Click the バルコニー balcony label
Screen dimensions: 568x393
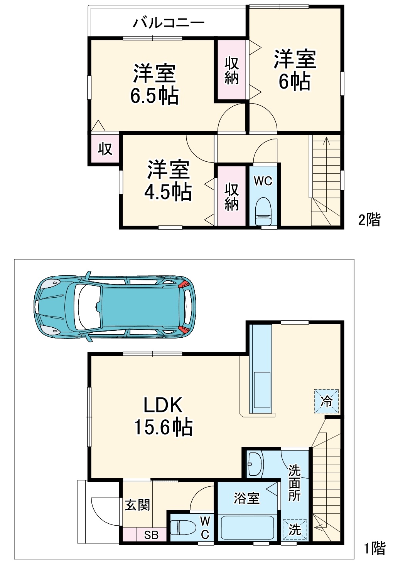(169, 23)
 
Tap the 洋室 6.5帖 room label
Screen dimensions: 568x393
(154, 84)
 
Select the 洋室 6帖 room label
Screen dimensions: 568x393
(295, 70)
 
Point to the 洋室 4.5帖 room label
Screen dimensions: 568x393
(168, 180)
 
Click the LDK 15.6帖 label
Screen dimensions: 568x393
(163, 416)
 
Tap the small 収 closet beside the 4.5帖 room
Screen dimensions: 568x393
(105, 149)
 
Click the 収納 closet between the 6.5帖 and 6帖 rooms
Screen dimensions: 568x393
(231, 70)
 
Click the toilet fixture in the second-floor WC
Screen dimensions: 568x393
(263, 211)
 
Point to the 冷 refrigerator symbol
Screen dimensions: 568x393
(327, 401)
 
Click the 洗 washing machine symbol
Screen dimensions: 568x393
(295, 529)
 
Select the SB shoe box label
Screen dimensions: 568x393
(152, 535)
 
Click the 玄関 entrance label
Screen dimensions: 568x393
(137, 505)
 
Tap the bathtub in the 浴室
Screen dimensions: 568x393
(247, 528)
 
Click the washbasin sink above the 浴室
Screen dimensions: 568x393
(255, 464)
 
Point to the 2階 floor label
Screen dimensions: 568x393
(369, 219)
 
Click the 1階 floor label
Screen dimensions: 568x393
(374, 548)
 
